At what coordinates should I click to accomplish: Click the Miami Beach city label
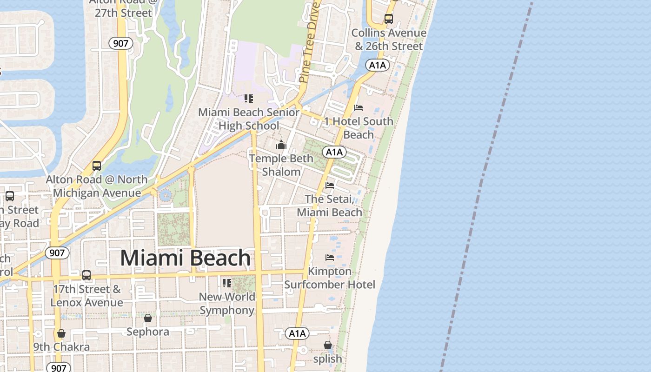[x=185, y=258]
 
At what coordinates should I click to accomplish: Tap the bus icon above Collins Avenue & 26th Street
[x=388, y=19]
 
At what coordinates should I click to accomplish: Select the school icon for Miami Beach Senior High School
[x=249, y=99]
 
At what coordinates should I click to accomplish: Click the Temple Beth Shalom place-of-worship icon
[x=281, y=145]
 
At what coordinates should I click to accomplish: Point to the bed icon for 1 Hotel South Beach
[x=358, y=108]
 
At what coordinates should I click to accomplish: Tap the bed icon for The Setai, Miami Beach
[x=330, y=186]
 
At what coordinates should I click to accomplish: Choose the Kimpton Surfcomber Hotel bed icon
[x=330, y=257]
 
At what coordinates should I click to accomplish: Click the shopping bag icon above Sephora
[x=147, y=318]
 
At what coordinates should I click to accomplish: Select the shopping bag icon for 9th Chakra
[x=61, y=333]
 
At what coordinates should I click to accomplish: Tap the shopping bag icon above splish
[x=327, y=345]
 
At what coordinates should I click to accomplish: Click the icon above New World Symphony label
[x=226, y=283]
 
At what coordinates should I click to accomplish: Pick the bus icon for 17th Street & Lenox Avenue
[x=86, y=275]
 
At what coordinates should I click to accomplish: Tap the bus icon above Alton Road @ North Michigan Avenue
[x=97, y=166]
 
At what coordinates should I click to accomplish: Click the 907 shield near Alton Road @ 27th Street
[x=121, y=44]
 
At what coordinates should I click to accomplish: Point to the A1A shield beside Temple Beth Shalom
[x=334, y=152]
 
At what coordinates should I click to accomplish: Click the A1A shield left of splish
[x=297, y=333]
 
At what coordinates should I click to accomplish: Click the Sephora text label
[x=148, y=332]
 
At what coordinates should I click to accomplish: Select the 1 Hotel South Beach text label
[x=359, y=128]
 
